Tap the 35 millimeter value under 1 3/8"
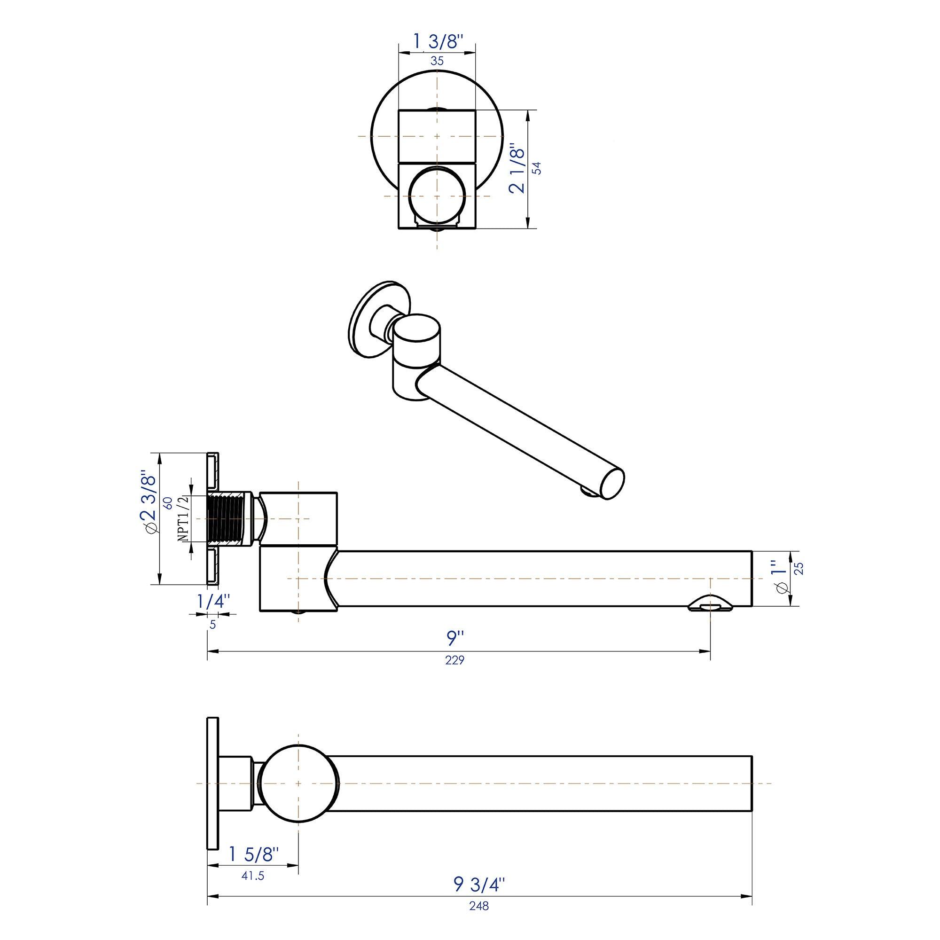pos(437,61)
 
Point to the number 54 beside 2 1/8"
pos(537,168)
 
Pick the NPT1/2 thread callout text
pos(184,519)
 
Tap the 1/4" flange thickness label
pos(213,602)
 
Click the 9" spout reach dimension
pos(456,638)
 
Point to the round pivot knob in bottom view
pos(298,783)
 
